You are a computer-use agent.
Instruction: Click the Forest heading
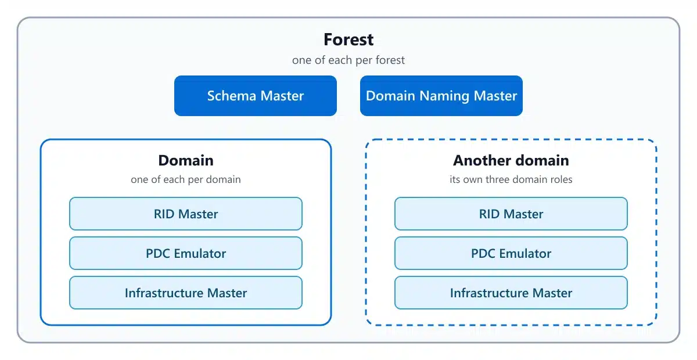[348, 39]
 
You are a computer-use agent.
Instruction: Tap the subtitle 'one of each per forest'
[348, 60]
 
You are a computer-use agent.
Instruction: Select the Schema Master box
[256, 96]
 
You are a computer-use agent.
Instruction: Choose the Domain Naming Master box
[441, 96]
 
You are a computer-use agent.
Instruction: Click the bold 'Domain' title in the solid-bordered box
[186, 161]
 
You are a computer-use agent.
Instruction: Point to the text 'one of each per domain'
[186, 179]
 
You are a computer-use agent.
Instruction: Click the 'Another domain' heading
[511, 161]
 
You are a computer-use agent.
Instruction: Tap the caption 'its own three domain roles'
[511, 179]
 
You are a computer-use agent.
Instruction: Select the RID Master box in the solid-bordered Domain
[186, 214]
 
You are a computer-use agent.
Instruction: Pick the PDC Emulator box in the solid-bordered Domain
[186, 253]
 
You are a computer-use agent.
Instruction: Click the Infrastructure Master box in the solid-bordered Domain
[186, 293]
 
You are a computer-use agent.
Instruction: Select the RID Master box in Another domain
[511, 214]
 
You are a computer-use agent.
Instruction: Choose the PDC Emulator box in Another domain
[511, 253]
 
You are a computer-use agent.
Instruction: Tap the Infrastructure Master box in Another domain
[511, 293]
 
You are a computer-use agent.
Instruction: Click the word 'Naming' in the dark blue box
[444, 96]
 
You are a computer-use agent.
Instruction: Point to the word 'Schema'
[232, 96]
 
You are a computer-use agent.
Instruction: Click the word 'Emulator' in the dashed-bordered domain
[525, 254]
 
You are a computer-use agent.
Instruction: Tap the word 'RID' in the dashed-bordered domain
[490, 214]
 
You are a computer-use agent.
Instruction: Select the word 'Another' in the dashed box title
[482, 161]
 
